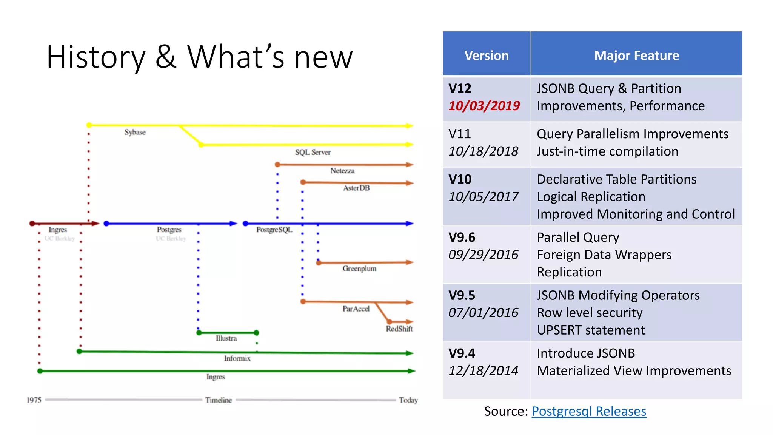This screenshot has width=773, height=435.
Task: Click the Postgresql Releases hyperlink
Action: point(589,411)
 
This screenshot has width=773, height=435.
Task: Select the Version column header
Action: point(487,56)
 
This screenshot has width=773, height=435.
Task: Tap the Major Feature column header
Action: point(636,56)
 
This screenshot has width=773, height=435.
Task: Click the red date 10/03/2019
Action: point(484,106)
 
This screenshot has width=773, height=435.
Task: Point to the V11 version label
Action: point(460,134)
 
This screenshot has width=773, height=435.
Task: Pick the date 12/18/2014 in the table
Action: point(483,370)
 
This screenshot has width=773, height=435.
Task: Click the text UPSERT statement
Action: point(591,330)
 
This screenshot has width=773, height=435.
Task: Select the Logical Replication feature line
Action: point(591,197)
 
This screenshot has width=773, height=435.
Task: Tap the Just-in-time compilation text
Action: point(607,151)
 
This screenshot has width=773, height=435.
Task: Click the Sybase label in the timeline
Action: point(135,132)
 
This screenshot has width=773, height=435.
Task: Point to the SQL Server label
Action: point(313,152)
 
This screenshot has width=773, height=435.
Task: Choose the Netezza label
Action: point(342,171)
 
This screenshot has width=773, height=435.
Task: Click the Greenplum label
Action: point(359,268)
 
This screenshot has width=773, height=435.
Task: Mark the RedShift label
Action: point(399,329)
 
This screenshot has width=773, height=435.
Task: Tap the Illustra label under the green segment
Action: point(226,338)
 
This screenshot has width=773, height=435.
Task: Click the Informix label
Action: point(237,358)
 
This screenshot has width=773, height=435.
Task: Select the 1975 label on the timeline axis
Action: point(34,400)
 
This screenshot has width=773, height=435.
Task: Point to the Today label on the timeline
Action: point(408,400)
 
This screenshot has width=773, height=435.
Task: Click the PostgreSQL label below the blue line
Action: point(274,230)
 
